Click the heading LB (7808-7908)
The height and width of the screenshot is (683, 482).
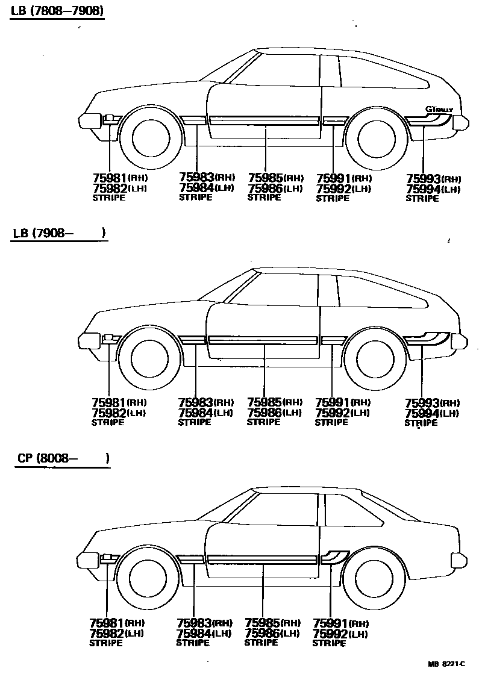[x=57, y=11]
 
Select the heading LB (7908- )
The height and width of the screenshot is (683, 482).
[x=58, y=233]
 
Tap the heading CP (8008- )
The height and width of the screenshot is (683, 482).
[x=63, y=458]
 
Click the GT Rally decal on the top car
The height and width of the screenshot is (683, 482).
[x=439, y=110]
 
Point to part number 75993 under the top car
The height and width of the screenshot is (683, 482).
[x=423, y=179]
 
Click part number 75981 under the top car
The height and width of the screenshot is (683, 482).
[x=109, y=178]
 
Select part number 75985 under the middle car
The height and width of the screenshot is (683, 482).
[x=264, y=402]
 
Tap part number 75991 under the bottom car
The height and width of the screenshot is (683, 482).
[x=331, y=623]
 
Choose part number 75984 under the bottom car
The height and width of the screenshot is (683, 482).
[x=194, y=634]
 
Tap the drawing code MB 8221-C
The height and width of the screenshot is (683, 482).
[x=446, y=664]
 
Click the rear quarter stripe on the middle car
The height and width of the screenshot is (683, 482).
[x=429, y=338]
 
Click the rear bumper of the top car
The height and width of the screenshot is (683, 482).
[x=461, y=121]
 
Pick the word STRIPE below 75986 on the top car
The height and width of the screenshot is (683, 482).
[x=264, y=198]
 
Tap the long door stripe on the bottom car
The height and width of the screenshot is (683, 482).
[x=263, y=560]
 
